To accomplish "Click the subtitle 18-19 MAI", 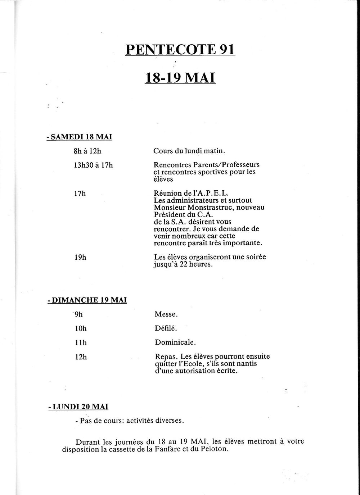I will [x=180, y=77].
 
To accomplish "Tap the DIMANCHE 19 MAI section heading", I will [x=87, y=300].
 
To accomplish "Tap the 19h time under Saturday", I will [x=80, y=258].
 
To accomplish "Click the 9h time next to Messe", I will [x=79, y=314].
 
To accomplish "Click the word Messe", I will [x=166, y=314].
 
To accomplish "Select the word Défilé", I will [x=165, y=328].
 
